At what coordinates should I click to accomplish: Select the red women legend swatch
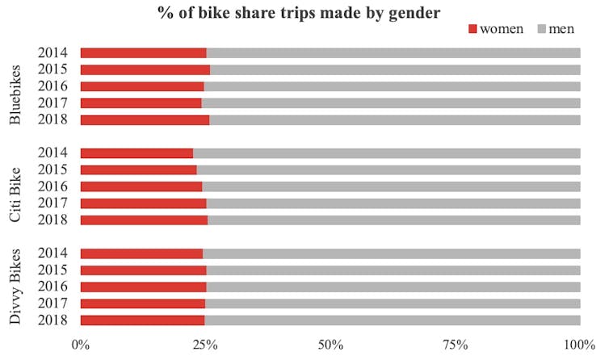pos(472,29)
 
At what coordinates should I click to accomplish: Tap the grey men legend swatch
pos(541,29)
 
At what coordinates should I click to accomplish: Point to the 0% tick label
pos(81,345)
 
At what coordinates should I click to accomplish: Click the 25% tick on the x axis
pos(205,345)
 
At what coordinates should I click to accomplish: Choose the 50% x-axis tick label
pos(330,345)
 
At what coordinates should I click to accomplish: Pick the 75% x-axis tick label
pos(456,345)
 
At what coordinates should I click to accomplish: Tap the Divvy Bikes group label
pos(15,287)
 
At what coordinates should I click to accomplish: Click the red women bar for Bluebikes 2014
pos(143,53)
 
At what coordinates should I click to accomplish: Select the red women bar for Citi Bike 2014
pos(136,153)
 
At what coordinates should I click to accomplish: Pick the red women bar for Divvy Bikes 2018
pos(142,320)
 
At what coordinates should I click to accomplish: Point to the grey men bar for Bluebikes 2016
pos(392,86)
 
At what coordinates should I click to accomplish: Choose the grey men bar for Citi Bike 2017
pos(393,203)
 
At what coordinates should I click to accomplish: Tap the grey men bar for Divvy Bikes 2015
pos(393,270)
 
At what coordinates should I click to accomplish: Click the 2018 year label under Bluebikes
pos(52,119)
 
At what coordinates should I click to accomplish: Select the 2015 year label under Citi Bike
pos(52,170)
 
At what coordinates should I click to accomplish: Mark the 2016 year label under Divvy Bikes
pos(52,287)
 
